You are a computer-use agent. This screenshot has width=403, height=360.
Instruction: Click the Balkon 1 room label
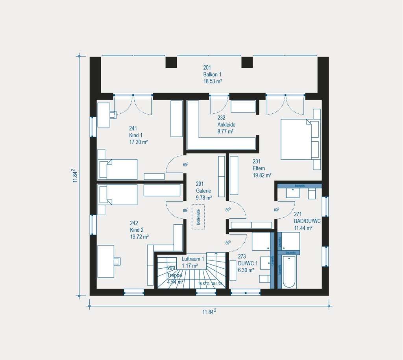[212, 74]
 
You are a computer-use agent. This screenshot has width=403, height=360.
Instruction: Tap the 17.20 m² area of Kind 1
[138, 142]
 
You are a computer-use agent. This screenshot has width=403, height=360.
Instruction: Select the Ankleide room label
[226, 124]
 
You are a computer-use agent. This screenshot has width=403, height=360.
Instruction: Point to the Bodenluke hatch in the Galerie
[198, 216]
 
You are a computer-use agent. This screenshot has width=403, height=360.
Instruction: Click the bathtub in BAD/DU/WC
[289, 271]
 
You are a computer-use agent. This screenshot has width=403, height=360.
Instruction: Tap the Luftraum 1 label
[192, 259]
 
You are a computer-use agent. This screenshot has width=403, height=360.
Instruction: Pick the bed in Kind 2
[117, 195]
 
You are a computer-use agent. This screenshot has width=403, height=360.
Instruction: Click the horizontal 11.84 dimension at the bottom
[209, 312]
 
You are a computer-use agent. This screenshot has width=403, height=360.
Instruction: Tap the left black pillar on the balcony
[171, 62]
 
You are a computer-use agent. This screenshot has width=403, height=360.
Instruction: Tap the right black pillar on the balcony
[247, 62]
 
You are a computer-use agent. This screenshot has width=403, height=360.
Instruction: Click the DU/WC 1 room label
[248, 263]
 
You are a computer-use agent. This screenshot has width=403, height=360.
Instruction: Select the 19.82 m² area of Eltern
[262, 175]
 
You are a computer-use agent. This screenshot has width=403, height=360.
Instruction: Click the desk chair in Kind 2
[117, 261]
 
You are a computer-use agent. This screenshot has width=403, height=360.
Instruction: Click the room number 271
[298, 214]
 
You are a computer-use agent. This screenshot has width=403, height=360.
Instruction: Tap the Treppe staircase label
[175, 275]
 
